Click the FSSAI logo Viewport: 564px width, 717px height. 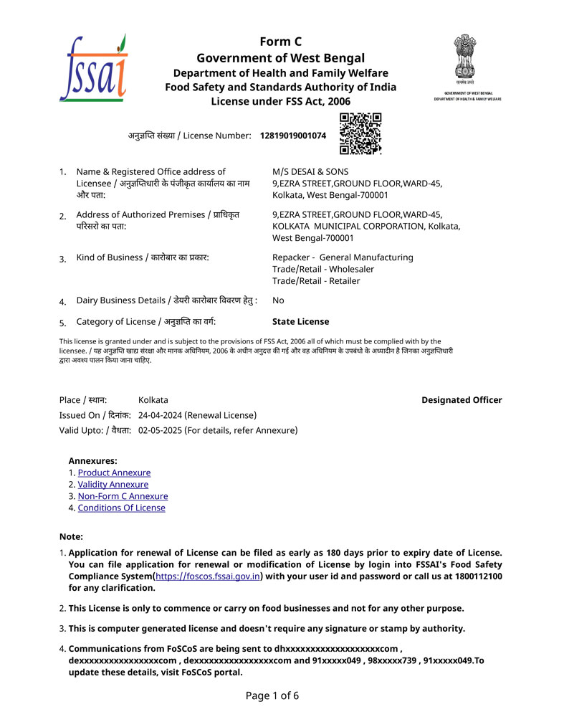[x=93, y=67]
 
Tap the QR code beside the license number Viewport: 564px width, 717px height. [x=360, y=133]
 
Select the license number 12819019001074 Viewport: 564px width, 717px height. [x=293, y=136]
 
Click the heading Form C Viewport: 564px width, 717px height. [x=280, y=42]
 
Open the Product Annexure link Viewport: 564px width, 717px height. [x=114, y=473]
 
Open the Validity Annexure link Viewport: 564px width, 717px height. [x=113, y=485]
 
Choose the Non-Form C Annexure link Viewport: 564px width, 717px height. [x=123, y=496]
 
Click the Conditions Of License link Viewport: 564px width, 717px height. [x=121, y=508]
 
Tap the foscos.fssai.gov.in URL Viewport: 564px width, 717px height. [x=208, y=576]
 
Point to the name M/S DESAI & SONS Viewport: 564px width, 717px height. [x=310, y=172]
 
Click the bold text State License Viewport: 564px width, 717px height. [x=301, y=322]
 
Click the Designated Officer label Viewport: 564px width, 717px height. [x=462, y=400]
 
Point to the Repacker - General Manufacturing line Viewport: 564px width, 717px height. [x=343, y=257]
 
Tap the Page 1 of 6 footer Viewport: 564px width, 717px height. [x=272, y=695]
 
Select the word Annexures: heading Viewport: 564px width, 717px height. [x=93, y=461]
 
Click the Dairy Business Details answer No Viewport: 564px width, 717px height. [x=278, y=301]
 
